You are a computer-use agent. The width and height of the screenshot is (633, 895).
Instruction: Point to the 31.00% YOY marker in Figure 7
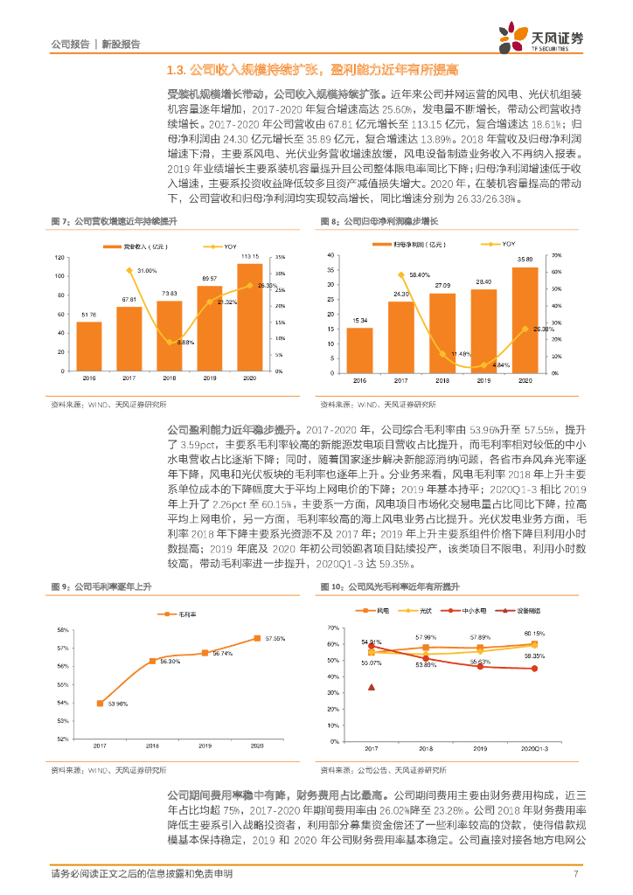(129, 271)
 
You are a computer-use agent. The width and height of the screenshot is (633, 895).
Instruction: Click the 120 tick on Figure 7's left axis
(59, 257)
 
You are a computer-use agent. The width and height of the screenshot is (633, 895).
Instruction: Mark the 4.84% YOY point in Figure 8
(483, 365)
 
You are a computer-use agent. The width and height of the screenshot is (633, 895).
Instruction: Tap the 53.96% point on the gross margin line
(100, 703)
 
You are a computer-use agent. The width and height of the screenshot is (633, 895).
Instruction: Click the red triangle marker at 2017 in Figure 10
(372, 687)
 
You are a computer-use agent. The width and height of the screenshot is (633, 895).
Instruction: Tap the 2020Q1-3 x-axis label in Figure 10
(534, 750)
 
